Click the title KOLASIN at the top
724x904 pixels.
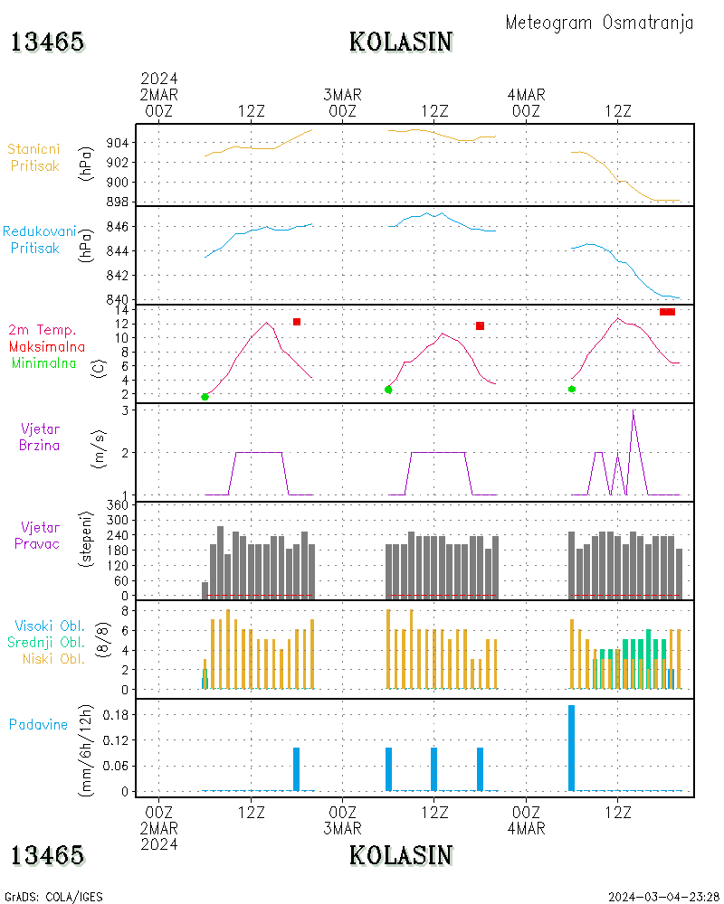tap(400, 42)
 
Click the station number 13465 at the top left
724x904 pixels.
tap(47, 42)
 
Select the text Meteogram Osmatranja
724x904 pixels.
tap(599, 23)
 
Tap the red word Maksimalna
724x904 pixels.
tap(47, 346)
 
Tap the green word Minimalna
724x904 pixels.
tap(44, 363)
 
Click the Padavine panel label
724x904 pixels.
tap(38, 724)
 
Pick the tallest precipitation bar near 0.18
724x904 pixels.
tap(571, 748)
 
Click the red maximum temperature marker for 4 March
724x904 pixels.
tap(667, 312)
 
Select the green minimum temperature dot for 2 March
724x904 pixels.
tap(205, 397)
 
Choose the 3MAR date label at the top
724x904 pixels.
tap(342, 95)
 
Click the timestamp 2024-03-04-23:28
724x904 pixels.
tap(664, 897)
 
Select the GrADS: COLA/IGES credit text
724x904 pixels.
tap(53, 897)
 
